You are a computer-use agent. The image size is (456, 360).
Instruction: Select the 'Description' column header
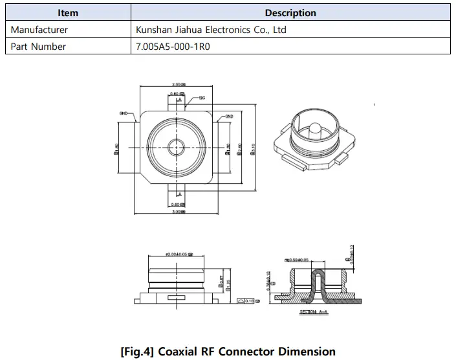pyautogui.click(x=290, y=13)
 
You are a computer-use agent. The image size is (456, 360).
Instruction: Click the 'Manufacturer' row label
pyautogui.click(x=39, y=30)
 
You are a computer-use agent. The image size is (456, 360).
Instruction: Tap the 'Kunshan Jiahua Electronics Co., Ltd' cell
pyautogui.click(x=211, y=30)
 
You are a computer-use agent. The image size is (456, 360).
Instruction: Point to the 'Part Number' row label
pyautogui.click(x=38, y=46)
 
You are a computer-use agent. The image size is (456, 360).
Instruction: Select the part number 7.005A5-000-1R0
pyautogui.click(x=173, y=46)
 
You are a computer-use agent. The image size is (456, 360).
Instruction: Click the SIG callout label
pyautogui.click(x=202, y=97)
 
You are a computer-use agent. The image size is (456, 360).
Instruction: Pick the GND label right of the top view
pyautogui.click(x=229, y=117)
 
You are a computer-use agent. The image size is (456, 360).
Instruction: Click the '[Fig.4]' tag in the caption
pyautogui.click(x=138, y=352)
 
